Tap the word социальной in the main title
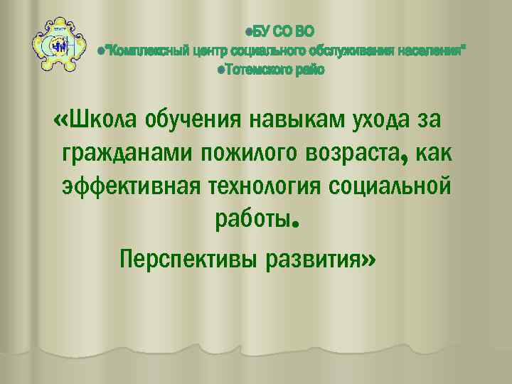click(390, 187)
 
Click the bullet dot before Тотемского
click(221, 70)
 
